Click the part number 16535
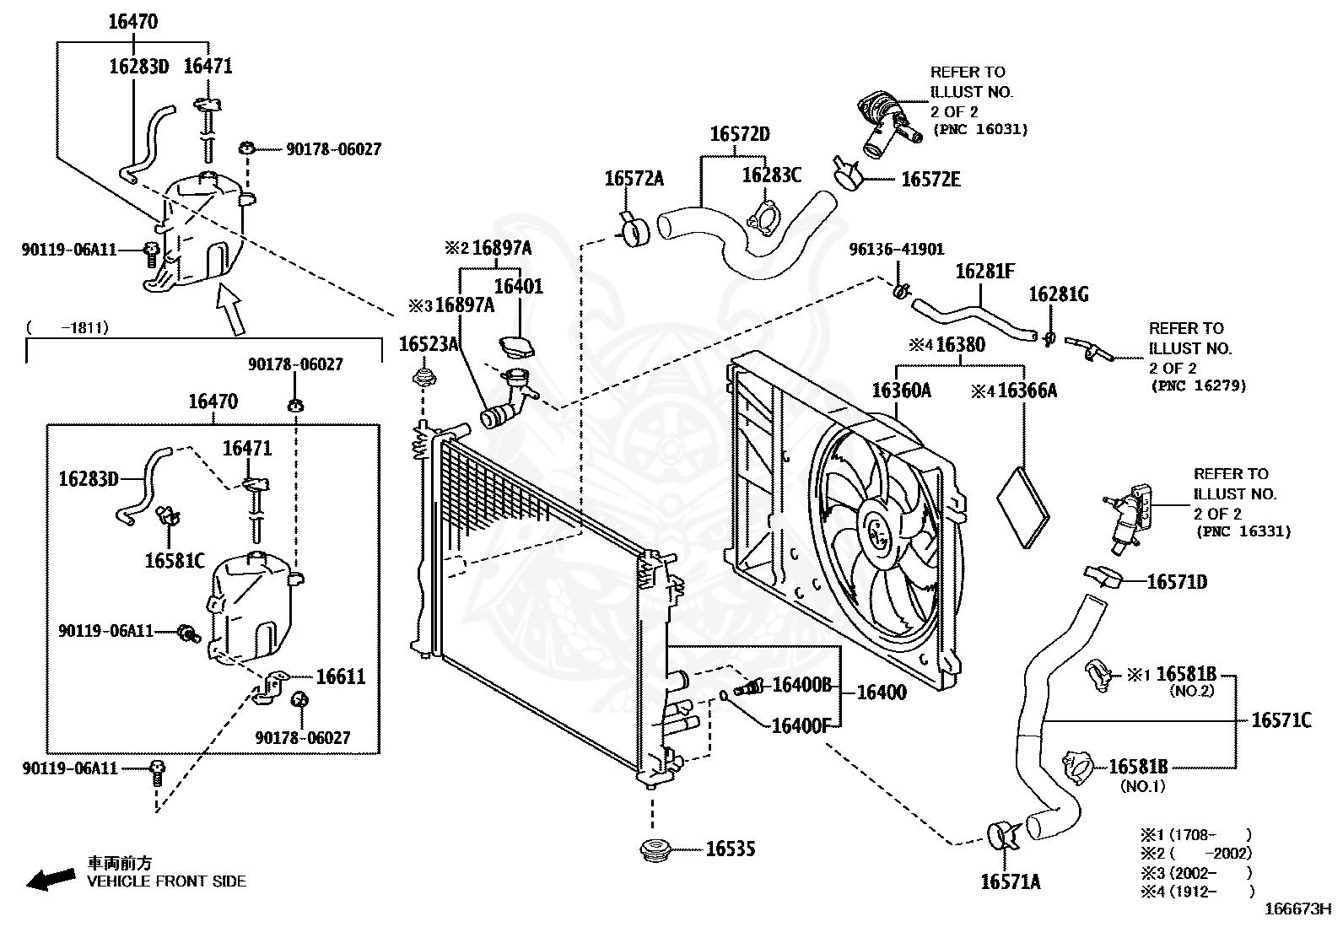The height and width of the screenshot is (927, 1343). coord(731,849)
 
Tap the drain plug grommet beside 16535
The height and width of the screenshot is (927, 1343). coord(655,851)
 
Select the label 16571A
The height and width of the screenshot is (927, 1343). coord(1011,881)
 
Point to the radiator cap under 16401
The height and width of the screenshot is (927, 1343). coord(516,346)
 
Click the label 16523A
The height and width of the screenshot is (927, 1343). coord(429,343)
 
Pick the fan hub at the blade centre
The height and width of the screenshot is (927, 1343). coord(880,532)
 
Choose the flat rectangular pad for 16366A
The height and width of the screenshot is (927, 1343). coord(1022,507)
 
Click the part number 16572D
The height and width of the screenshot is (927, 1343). coord(740,134)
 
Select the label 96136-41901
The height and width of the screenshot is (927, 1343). coord(897,249)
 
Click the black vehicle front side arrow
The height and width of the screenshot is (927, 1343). coord(51,879)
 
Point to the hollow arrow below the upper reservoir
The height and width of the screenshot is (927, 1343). coord(231,308)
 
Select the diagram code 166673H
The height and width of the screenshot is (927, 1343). coord(1297,909)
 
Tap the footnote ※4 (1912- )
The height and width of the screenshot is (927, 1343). coord(1197,892)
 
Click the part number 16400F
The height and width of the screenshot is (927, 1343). coord(801,725)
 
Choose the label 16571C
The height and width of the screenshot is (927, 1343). coord(1281,720)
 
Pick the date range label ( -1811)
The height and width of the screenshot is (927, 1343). coord(67,327)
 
